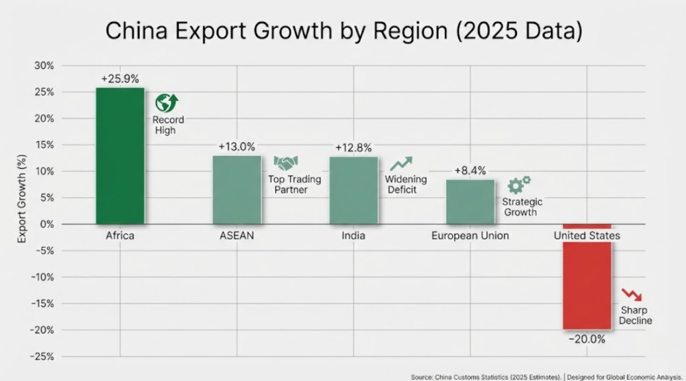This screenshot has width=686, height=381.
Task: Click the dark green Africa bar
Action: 120,156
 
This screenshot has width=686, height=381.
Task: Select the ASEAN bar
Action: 236,190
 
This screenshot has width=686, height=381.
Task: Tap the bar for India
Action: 354,191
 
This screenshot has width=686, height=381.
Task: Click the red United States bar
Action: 587,285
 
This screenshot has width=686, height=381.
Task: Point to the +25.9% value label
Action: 121,78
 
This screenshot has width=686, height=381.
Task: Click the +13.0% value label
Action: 236,147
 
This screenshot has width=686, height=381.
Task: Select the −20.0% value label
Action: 587,339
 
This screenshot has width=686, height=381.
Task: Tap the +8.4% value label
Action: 470,171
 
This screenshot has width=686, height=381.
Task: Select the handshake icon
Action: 286,163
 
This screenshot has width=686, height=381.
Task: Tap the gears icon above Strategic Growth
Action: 519,184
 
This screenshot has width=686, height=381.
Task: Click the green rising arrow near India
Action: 401,163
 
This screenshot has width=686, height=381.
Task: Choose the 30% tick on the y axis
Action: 44,66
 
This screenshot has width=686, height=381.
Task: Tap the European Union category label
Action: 470,236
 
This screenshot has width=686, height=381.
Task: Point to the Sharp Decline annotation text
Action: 635,316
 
